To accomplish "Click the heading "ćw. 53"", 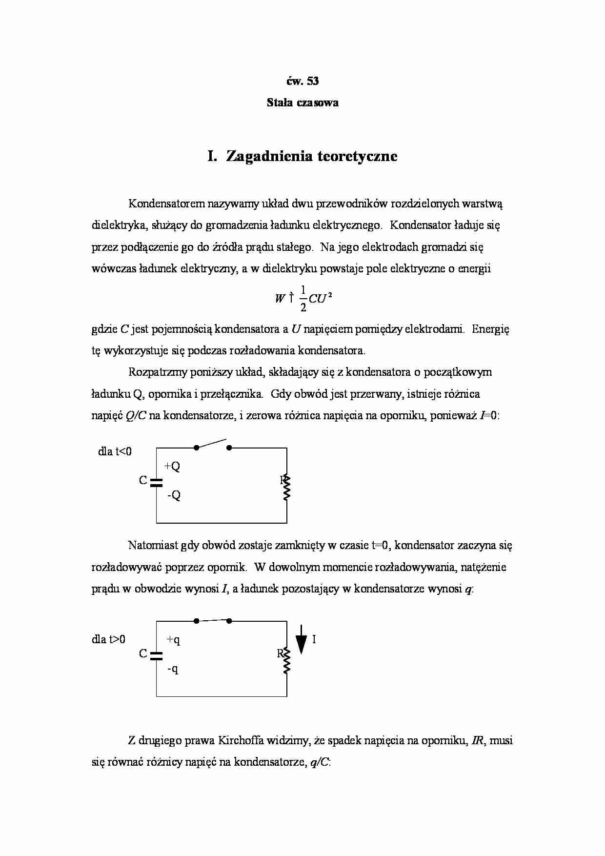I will [x=302, y=81].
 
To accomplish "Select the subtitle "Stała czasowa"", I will [x=302, y=102].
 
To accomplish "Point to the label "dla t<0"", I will [x=115, y=451].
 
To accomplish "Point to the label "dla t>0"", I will [x=108, y=639].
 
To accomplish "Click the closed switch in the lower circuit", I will [x=212, y=621].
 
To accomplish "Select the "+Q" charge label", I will [x=172, y=466].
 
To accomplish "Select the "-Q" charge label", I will [x=173, y=495].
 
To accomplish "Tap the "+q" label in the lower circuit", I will [x=173, y=639].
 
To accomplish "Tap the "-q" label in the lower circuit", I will [x=173, y=669].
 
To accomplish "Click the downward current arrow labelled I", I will [x=302, y=639].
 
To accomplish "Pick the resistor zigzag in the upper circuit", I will [x=287, y=487].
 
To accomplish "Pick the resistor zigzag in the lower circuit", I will [x=287, y=660].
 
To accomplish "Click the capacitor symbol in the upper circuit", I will [x=156, y=482].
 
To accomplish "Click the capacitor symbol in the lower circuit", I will [x=156, y=655].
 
